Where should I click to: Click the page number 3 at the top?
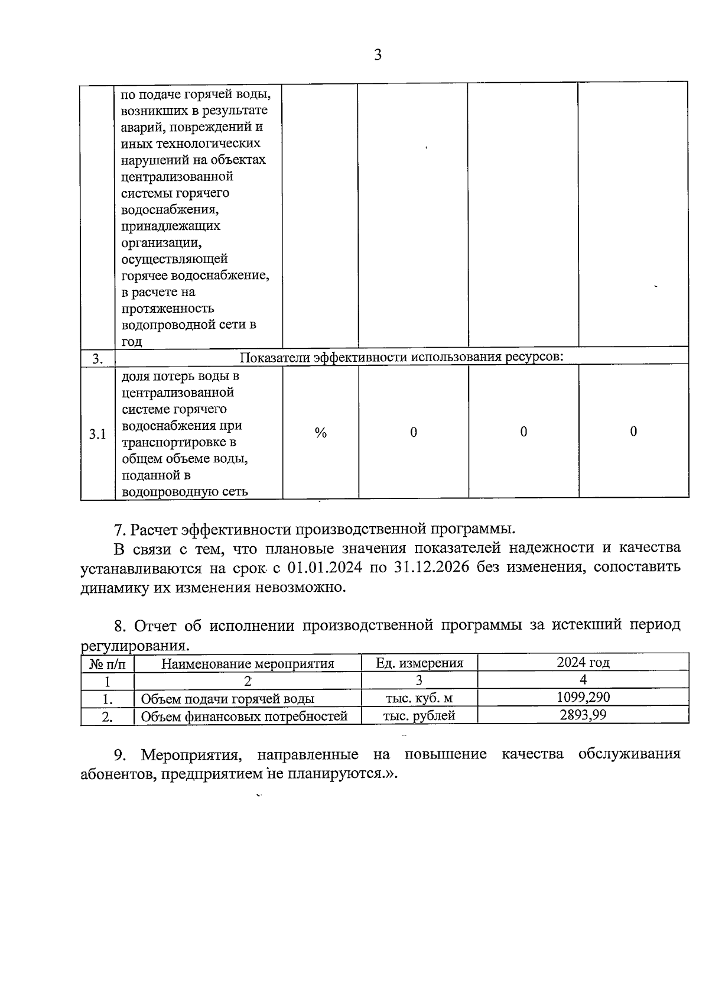coord(378,56)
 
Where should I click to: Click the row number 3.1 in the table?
coord(97,435)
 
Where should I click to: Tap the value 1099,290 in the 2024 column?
coord(583,697)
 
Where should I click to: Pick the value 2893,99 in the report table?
coord(583,715)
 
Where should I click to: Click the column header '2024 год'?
coord(583,662)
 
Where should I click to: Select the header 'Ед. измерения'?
coord(419,663)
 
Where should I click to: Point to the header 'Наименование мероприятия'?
coord(248,664)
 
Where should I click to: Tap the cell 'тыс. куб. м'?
coord(419,698)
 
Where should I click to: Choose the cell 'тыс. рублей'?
coord(419,716)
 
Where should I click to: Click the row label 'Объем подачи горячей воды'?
coord(227,699)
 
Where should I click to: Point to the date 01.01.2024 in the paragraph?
coord(325,567)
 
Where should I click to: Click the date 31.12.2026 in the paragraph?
coord(424,567)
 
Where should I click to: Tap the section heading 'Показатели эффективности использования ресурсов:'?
coord(402,357)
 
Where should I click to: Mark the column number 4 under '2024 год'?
coord(583,680)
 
